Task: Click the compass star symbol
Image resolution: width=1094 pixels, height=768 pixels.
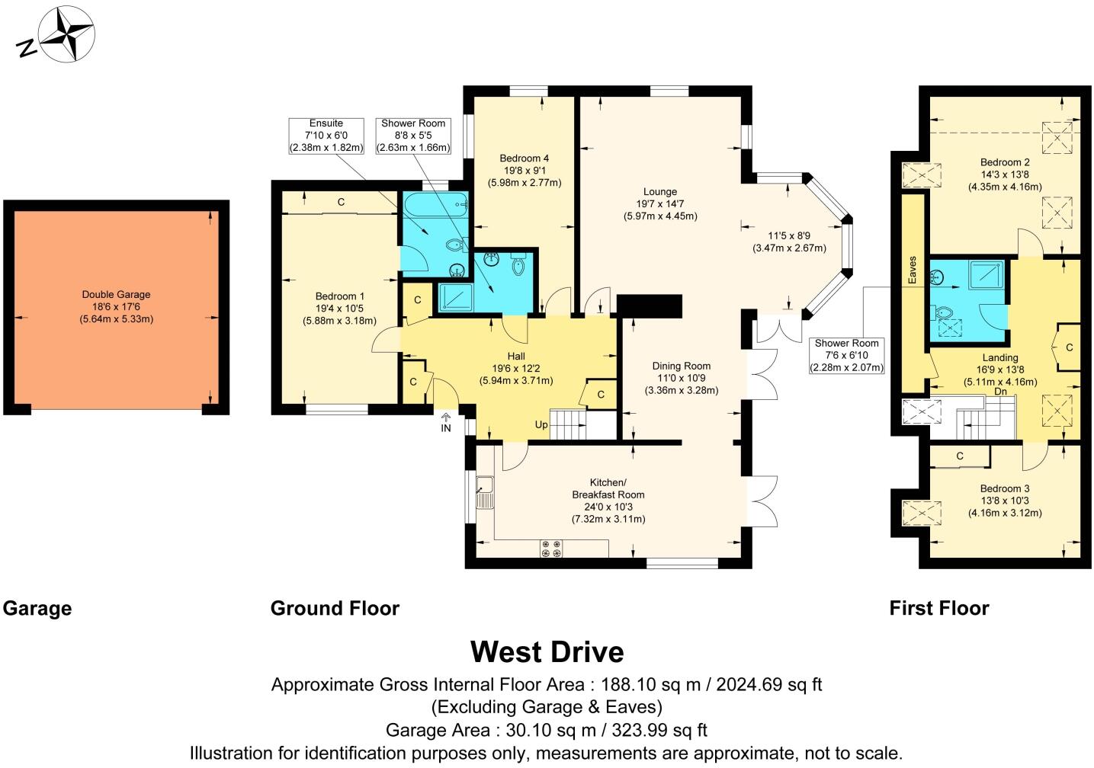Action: pos(66,34)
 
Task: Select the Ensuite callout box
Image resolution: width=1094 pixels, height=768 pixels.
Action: pos(326,136)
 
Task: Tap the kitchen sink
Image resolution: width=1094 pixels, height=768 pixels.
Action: pos(485,492)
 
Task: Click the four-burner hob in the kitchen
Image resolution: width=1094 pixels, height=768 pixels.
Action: pos(551,549)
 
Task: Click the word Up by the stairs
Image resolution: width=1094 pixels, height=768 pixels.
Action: pos(541,425)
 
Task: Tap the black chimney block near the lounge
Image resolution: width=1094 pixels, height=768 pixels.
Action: pos(649,306)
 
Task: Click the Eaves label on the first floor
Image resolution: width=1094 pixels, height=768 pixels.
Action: pos(912,270)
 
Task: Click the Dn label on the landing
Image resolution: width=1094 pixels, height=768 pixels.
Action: pos(1001,392)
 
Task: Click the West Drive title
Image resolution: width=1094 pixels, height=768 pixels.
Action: pos(547,651)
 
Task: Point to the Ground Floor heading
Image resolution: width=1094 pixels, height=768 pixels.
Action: pos(335,608)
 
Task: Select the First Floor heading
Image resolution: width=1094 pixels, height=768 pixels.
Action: pos(939,608)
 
